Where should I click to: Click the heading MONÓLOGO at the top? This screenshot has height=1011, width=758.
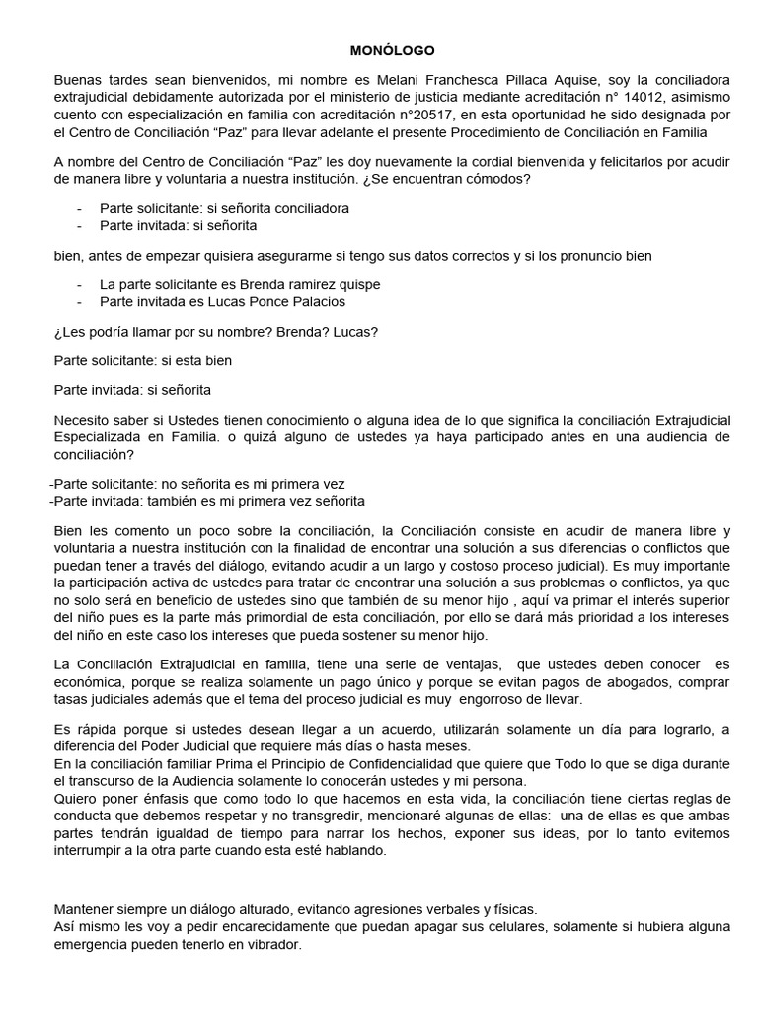[393, 50]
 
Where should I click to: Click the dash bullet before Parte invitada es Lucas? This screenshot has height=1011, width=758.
[79, 301]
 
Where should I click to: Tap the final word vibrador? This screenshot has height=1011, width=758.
[266, 943]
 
